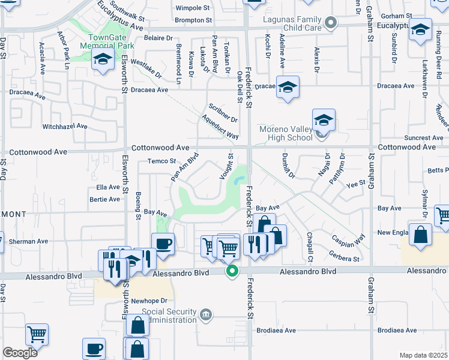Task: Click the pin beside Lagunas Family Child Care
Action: pos(330,23)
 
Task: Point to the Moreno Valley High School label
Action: pos(286,133)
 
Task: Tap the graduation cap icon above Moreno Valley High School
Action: pos(323,119)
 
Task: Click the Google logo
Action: pos(20,353)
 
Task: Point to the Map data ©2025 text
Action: pos(423,355)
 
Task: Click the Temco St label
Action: pos(161,161)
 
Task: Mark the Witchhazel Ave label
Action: pos(65,127)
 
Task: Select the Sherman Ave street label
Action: pos(28,241)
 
